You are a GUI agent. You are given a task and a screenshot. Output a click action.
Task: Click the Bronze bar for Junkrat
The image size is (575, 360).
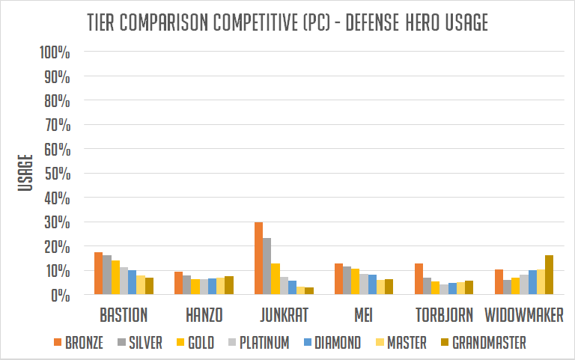point(258,258)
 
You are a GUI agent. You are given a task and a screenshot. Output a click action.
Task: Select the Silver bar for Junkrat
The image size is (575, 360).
point(267,266)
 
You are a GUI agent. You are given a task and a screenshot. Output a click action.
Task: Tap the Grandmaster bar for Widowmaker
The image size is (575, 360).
point(549,275)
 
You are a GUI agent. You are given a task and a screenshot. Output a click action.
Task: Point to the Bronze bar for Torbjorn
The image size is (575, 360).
point(419,279)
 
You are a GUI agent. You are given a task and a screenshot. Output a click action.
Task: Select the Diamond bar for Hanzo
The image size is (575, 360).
point(212,287)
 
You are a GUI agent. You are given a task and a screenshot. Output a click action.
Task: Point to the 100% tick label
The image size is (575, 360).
point(55,53)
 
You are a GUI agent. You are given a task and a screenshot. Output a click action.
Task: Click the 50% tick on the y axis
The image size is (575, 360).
point(58,174)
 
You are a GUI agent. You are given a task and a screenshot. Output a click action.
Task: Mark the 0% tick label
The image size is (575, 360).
point(61,295)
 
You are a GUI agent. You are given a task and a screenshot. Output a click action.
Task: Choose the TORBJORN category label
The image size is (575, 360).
point(442,315)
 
